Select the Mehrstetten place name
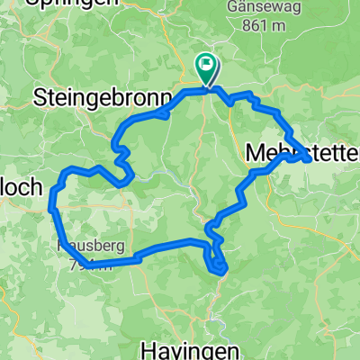[302, 155]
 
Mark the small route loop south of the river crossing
[218, 264]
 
